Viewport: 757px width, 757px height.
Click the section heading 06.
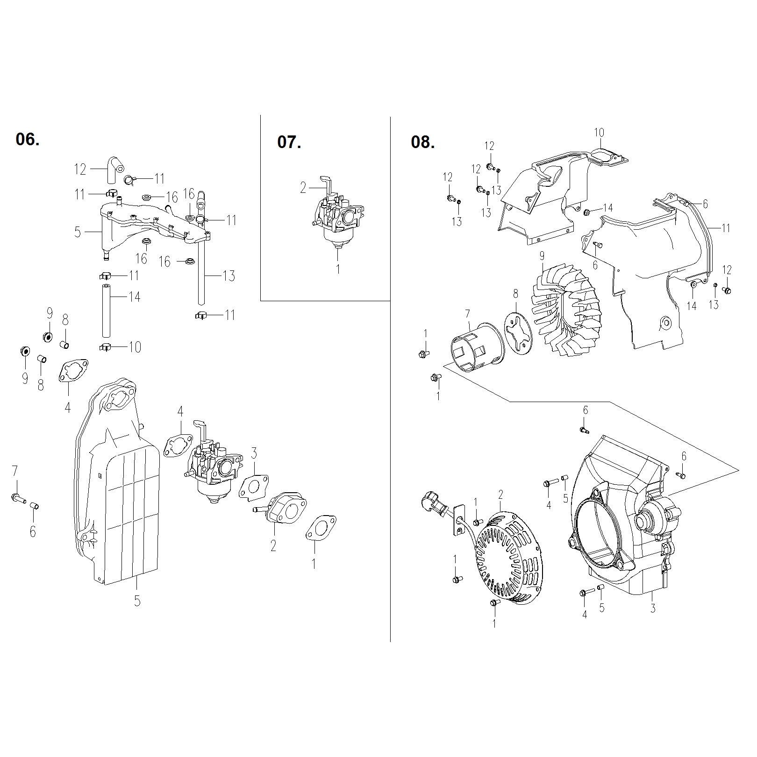(x=28, y=139)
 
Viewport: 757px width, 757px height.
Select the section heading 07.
(x=289, y=142)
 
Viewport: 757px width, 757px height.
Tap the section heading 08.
(x=422, y=142)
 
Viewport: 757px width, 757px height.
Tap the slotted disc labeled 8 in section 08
(x=519, y=334)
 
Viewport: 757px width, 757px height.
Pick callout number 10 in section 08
(x=599, y=133)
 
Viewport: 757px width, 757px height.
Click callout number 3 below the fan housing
(x=653, y=608)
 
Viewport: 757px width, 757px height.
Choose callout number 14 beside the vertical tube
(x=135, y=297)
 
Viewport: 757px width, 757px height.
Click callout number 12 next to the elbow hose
(x=80, y=169)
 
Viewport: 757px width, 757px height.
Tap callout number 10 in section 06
(x=135, y=347)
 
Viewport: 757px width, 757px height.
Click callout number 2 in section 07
(x=303, y=188)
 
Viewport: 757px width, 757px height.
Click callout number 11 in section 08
(x=726, y=228)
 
